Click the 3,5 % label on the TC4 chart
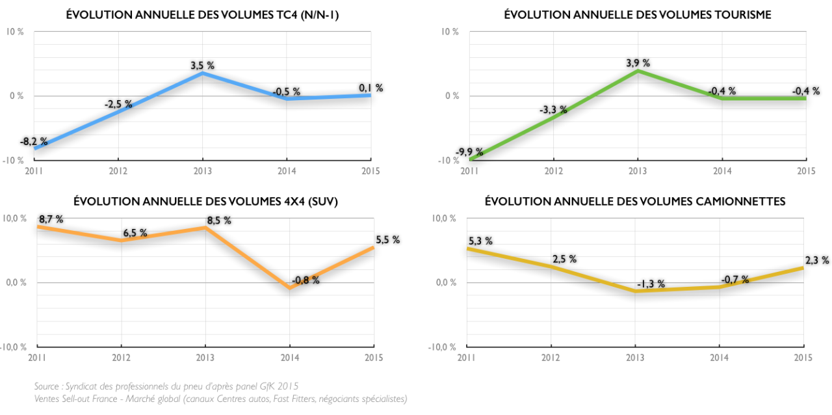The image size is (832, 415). pos(202,66)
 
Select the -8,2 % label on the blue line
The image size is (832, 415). pos(33,141)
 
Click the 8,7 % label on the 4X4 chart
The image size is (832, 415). pos(51,220)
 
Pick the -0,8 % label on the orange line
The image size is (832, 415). pos(305,280)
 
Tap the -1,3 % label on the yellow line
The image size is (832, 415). pos(651,284)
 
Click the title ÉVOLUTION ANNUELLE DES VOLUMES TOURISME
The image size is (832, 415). pos(638,15)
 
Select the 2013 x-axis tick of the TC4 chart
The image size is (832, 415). pos(202,170)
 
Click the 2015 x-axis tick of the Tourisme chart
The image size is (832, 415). pos(805,170)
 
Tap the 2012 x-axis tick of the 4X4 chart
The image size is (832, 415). pos(121,357)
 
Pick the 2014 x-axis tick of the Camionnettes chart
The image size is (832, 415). pos(719,357)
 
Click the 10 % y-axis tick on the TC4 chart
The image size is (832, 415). pos(15,31)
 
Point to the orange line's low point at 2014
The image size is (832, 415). pos(289,288)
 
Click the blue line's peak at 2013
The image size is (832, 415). pos(202,73)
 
